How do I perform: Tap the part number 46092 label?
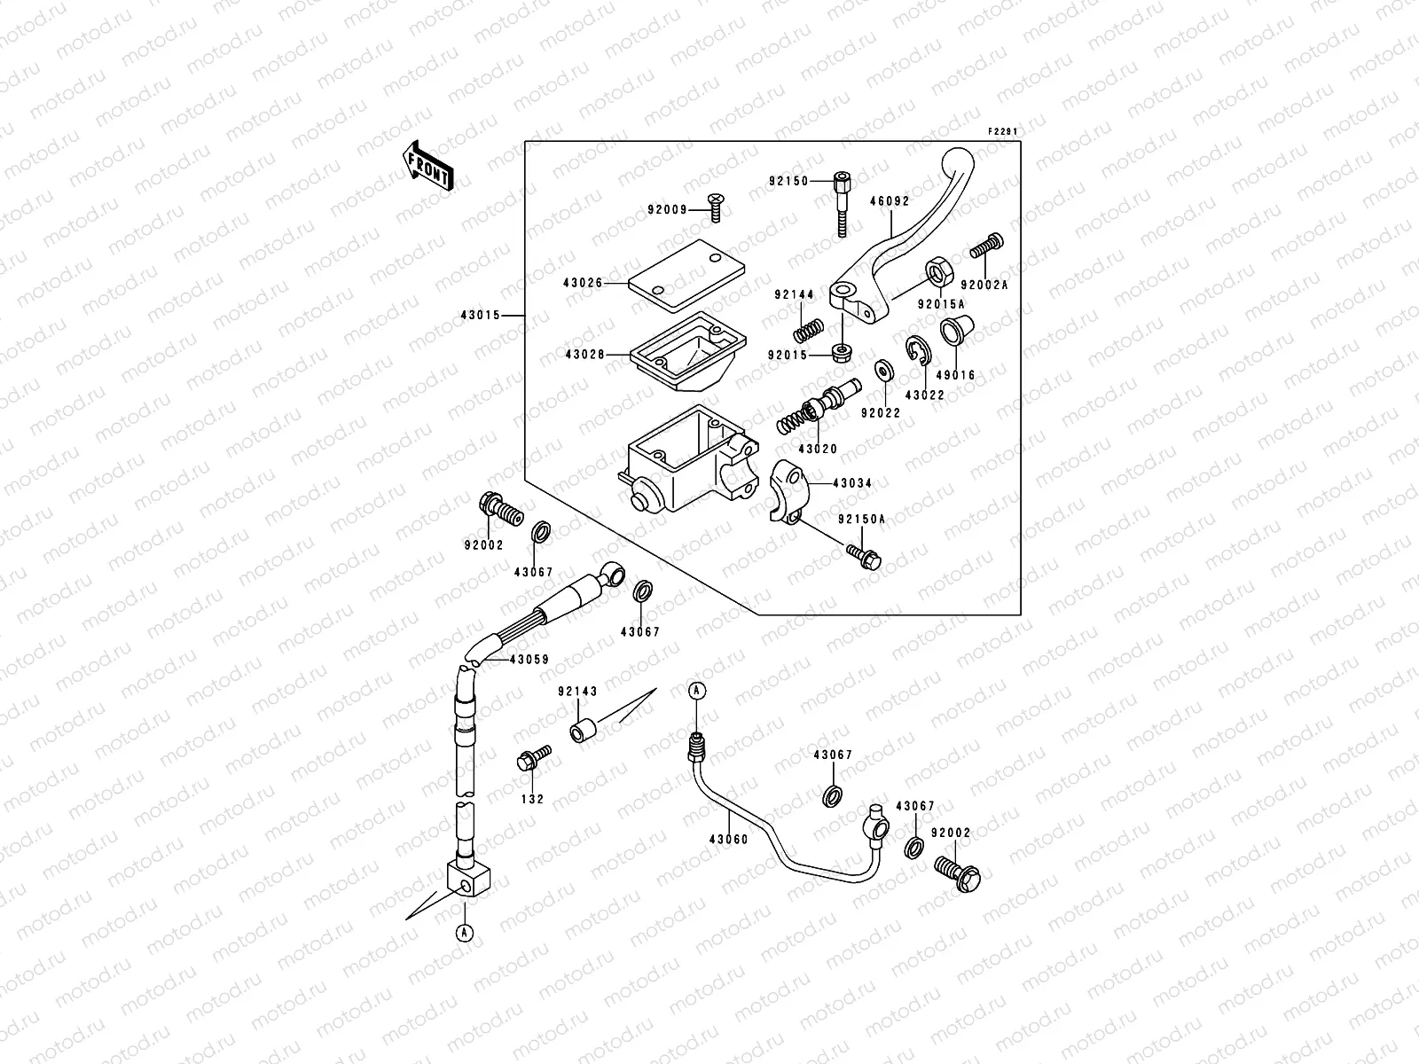pos(890,201)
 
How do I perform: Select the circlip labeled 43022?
pos(915,350)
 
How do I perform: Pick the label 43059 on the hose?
pos(529,660)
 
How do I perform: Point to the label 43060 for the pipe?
pos(728,839)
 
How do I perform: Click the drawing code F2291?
pos(1003,132)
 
